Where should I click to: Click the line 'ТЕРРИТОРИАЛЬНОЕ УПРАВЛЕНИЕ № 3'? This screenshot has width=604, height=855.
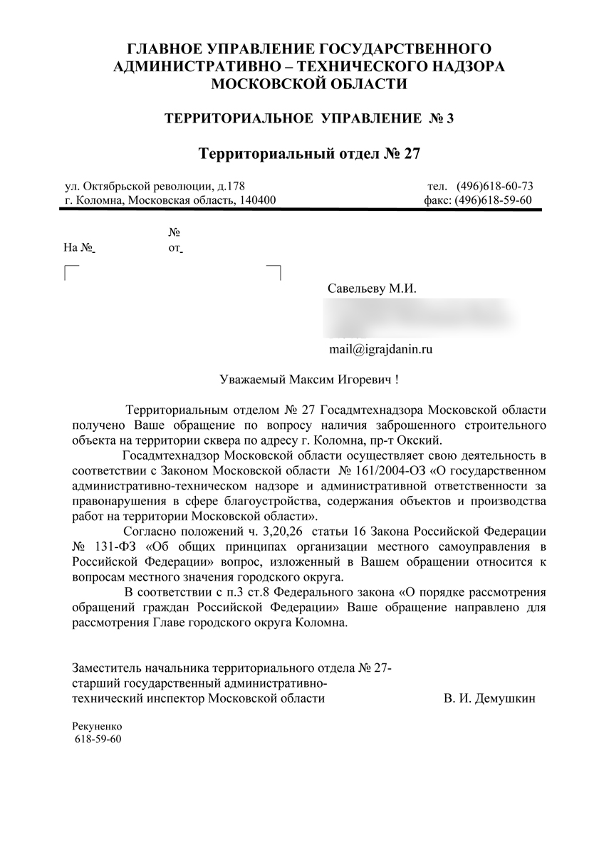click(309, 118)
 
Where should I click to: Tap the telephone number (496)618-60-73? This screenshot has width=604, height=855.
click(495, 187)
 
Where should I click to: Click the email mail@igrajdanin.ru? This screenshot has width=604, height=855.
click(381, 349)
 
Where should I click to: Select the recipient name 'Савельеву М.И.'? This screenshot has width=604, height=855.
click(371, 290)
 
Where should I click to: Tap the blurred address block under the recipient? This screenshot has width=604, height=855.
click(420, 317)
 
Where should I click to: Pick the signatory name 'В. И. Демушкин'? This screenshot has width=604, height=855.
click(489, 698)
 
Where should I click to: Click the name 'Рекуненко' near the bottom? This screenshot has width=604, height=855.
click(98, 725)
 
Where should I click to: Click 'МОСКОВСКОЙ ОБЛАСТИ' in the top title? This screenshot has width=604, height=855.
click(309, 84)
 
